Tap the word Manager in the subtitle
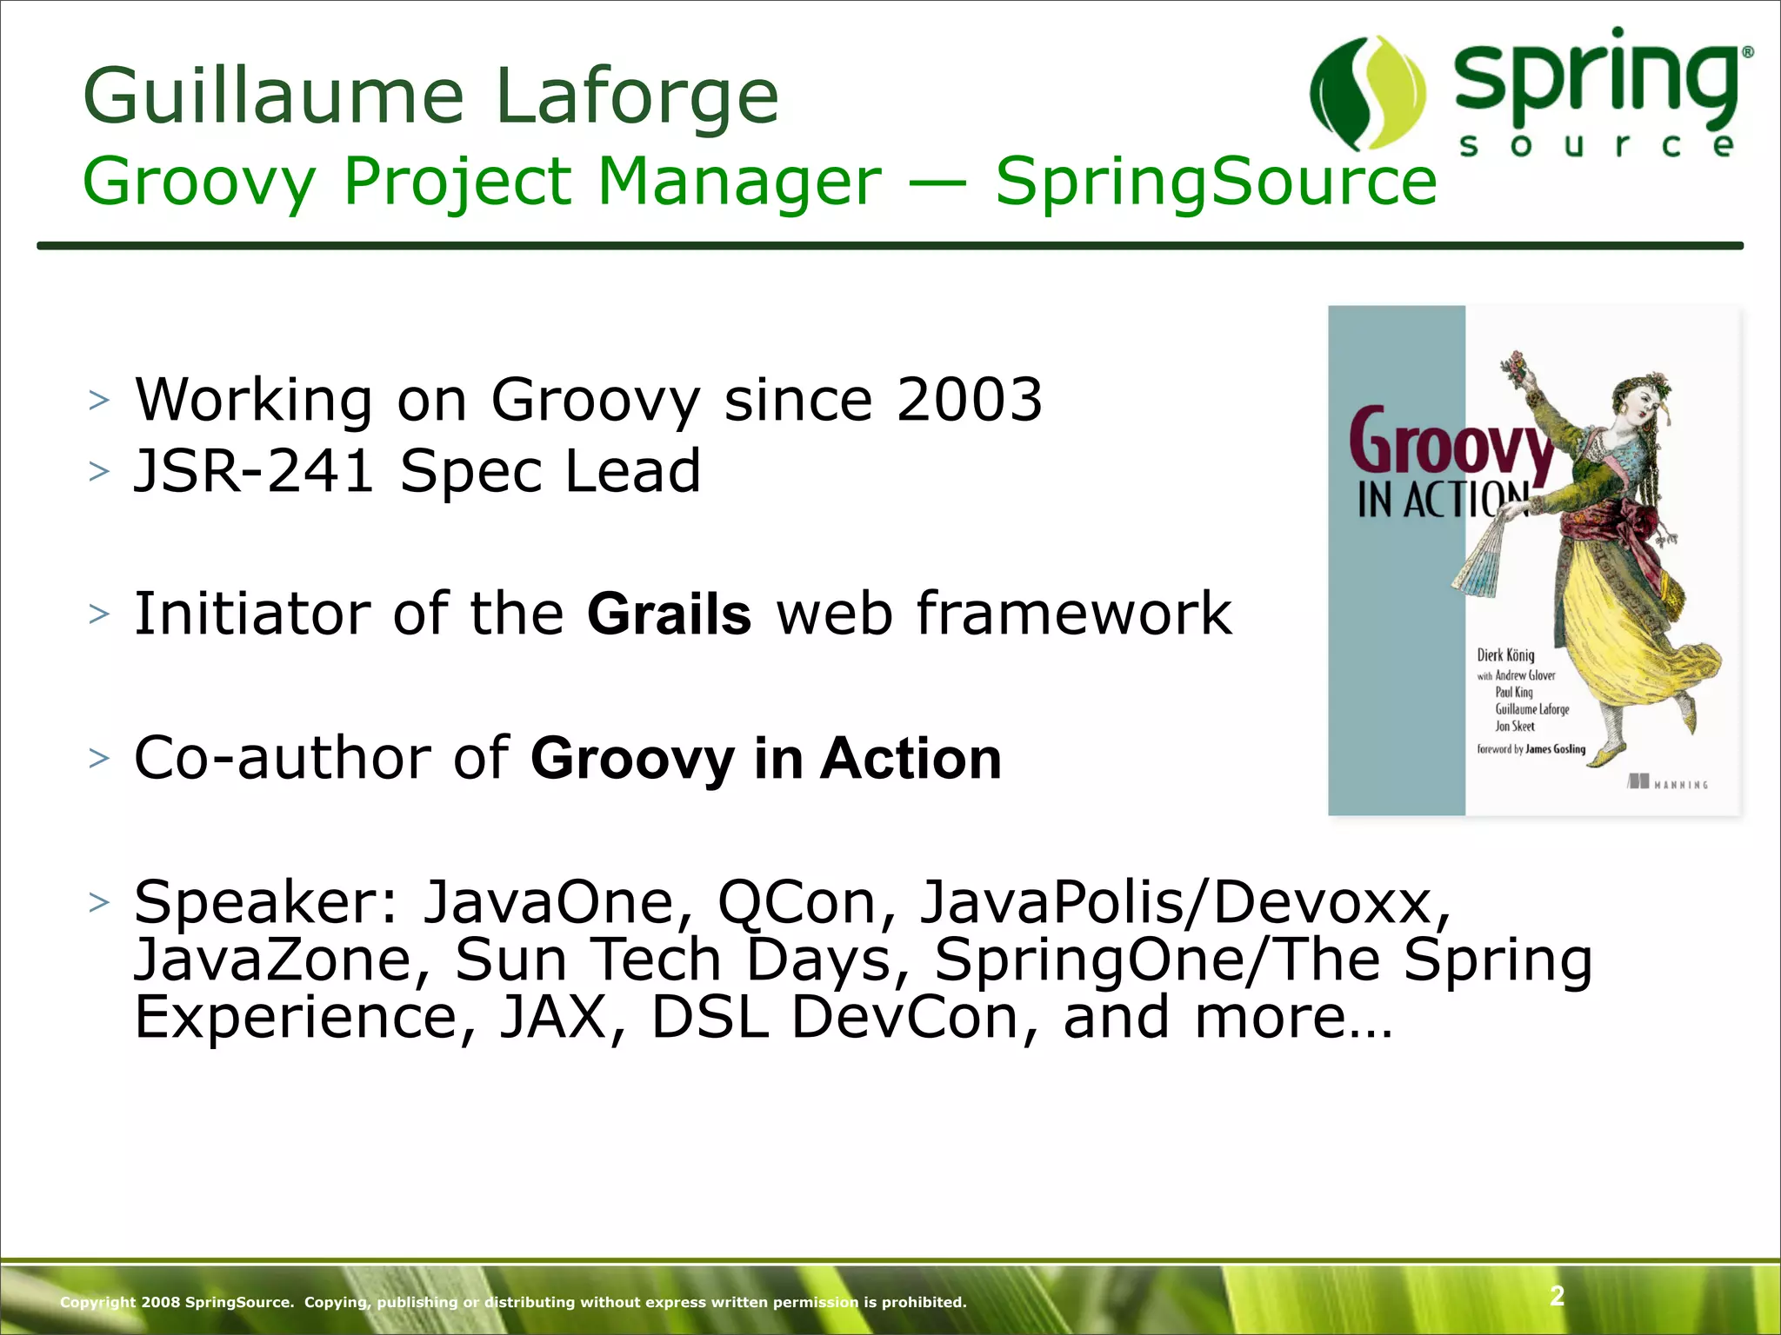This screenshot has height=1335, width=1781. pos(739,182)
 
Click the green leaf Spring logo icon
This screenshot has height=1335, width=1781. pos(1367,93)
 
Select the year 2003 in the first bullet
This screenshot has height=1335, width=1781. pos(969,400)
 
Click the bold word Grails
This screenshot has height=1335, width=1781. pos(669,614)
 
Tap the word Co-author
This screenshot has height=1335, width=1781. pos(281,758)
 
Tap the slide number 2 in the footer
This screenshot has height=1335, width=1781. pos(1557,1295)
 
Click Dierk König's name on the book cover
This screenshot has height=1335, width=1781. pos(1505,655)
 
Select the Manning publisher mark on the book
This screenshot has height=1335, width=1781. pos(1668,783)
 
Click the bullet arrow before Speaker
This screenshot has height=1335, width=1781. pos(99,903)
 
